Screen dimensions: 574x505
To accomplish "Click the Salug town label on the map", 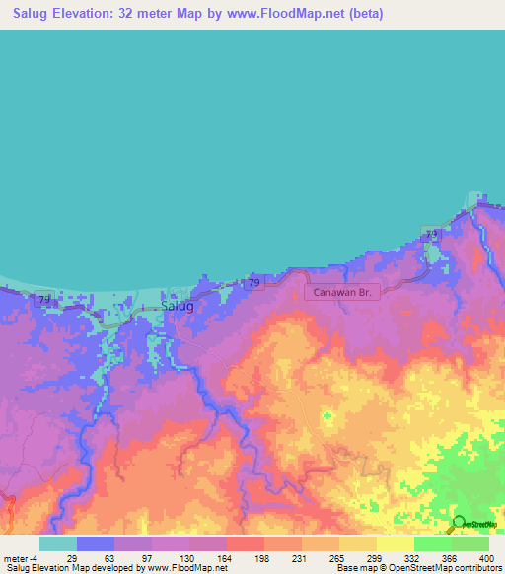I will point(177,306).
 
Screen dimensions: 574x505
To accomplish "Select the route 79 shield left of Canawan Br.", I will point(254,284).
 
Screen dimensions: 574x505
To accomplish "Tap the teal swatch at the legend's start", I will point(58,543).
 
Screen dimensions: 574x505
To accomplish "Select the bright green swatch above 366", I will point(432,543).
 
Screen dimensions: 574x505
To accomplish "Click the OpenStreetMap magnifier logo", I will point(458,523).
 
